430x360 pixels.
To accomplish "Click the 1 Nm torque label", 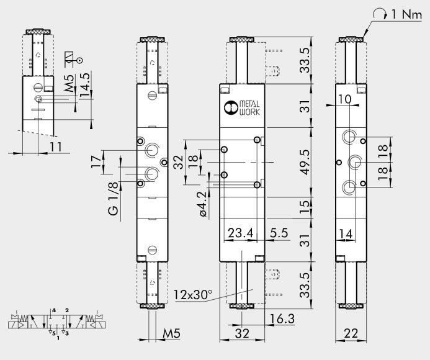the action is tap(406, 14).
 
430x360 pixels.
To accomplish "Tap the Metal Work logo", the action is tap(241, 108).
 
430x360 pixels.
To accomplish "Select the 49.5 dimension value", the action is tap(305, 162).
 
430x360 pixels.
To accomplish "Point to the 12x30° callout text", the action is tap(193, 295).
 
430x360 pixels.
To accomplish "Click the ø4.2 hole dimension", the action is tap(203, 204).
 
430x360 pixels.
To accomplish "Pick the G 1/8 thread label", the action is tap(114, 199).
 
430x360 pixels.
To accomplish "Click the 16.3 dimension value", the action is tap(282, 319).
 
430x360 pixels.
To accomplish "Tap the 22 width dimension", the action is tap(351, 333).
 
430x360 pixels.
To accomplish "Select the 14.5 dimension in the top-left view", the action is tap(85, 85).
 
